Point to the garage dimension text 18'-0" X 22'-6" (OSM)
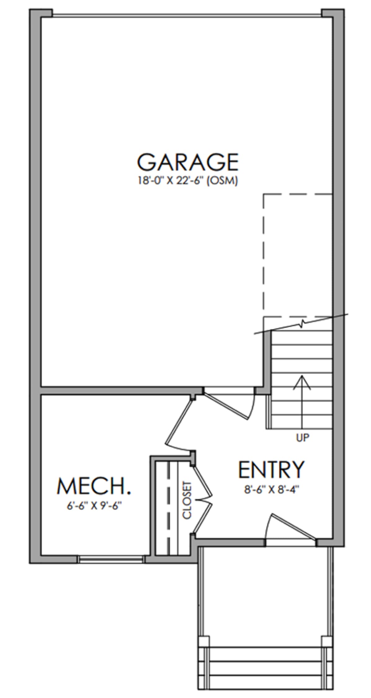click(x=188, y=181)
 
